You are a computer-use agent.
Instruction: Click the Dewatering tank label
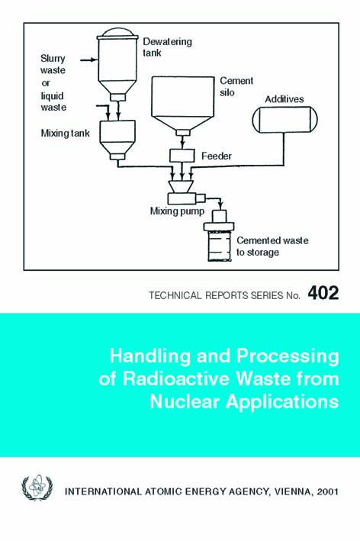coord(167,47)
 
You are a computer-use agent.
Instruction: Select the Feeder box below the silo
coord(182,156)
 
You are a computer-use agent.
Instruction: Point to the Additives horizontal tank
coord(284,120)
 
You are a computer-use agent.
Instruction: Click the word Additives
coord(284,99)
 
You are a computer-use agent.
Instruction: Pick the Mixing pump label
coord(177,211)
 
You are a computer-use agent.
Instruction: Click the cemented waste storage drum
coord(219,242)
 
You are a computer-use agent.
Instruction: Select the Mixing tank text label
coord(65,134)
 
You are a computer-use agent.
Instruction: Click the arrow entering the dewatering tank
coord(88,60)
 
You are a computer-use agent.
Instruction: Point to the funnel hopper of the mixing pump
coord(181,187)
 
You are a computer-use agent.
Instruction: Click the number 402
coord(323,293)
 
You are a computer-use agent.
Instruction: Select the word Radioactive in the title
coord(176,378)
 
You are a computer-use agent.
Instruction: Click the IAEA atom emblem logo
coord(37,487)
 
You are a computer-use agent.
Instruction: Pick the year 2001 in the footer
coord(327,491)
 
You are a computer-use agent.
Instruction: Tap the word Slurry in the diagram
coord(53,59)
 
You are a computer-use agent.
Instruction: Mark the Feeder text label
coord(216,156)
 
